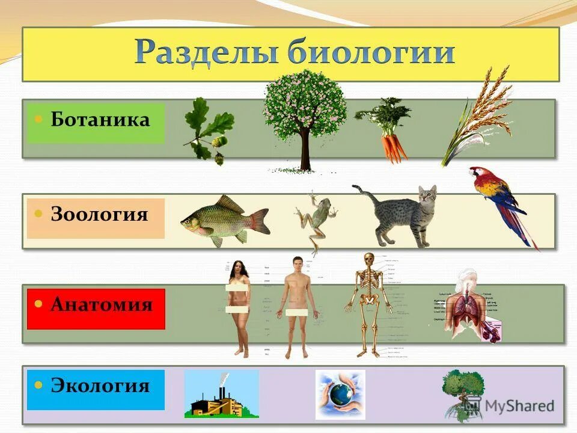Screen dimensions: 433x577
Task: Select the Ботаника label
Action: (100, 119)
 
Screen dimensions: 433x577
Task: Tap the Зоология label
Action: (99, 214)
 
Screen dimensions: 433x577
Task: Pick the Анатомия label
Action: (101, 304)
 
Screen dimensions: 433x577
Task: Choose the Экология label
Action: (100, 385)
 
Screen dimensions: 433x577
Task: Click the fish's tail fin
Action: (258, 220)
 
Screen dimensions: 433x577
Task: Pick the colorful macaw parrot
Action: (499, 198)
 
